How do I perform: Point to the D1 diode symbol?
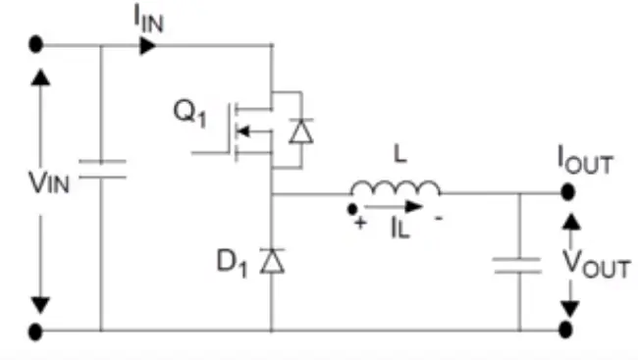(271, 261)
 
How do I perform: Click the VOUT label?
(594, 262)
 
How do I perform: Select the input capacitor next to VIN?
(101, 172)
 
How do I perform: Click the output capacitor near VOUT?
(518, 264)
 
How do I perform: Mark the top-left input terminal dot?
(36, 45)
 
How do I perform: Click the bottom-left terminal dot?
(36, 331)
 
